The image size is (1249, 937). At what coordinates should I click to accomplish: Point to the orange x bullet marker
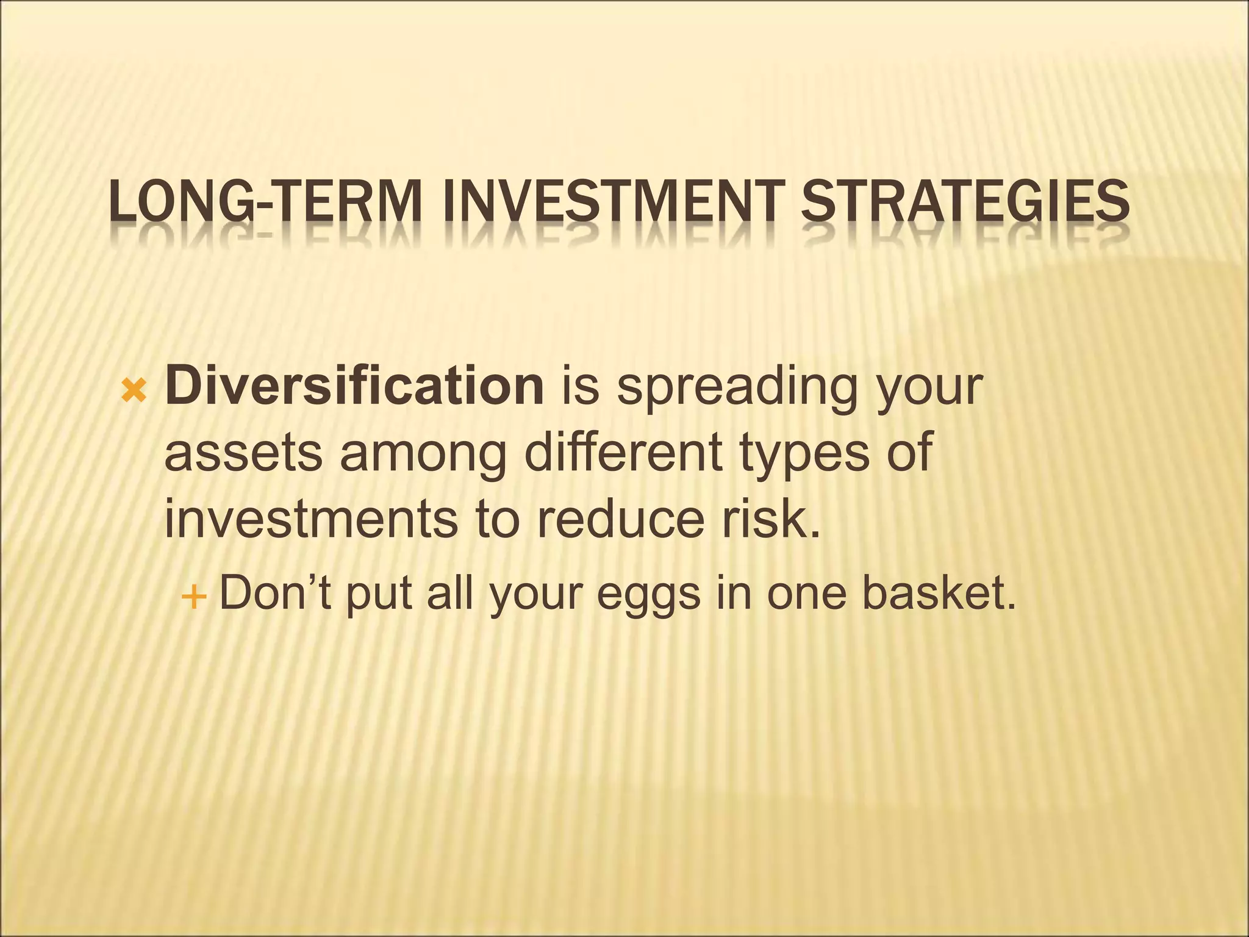click(x=134, y=390)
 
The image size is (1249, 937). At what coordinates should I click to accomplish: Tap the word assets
click(x=243, y=454)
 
